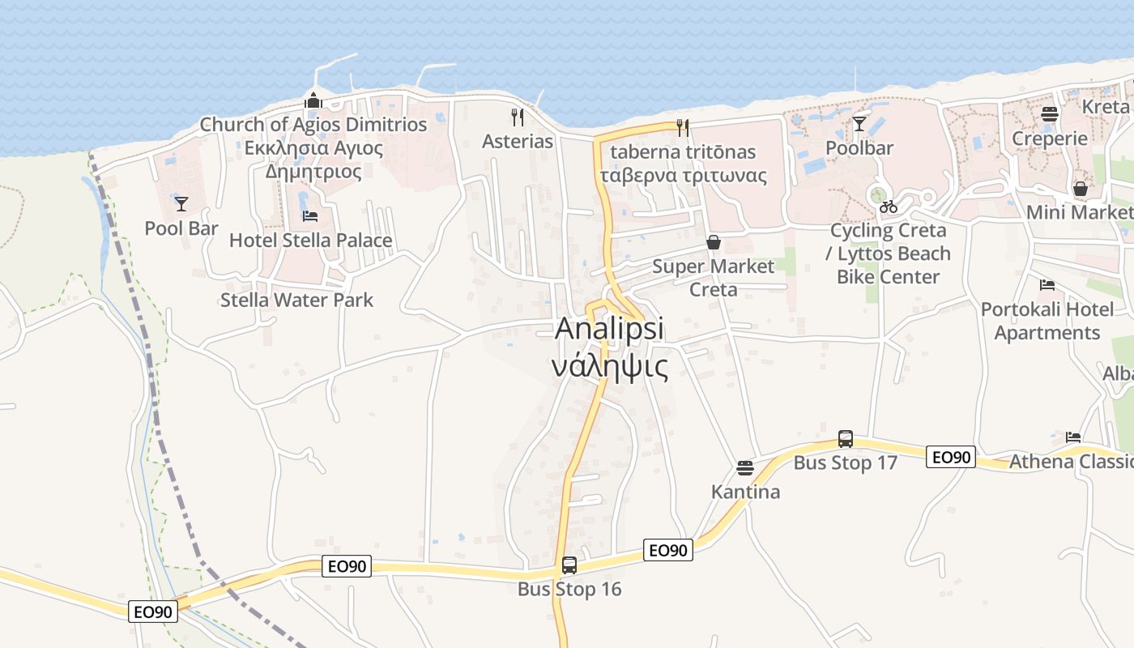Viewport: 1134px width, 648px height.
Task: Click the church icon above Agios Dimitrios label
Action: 313,101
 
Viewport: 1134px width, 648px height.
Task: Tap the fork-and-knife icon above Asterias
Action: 517,117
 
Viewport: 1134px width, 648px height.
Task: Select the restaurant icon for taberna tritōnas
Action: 682,127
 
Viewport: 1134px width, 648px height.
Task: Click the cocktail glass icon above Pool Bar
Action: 181,203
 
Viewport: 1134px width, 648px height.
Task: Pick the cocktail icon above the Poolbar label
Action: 859,124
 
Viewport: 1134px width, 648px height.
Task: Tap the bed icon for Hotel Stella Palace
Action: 310,215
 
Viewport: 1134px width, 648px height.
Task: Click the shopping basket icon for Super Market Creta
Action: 713,241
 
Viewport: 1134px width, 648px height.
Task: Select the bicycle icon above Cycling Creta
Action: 888,207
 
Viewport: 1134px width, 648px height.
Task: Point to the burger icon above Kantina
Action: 744,467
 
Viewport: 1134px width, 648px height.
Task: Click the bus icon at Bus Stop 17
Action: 845,439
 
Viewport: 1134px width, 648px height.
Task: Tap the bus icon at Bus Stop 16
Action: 569,565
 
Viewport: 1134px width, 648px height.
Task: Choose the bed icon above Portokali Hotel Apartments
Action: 1047,285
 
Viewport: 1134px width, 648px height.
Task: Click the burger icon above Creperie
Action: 1049,113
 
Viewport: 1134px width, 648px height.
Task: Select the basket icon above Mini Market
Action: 1080,189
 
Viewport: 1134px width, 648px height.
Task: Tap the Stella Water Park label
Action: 296,300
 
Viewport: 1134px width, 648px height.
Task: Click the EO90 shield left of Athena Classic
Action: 950,457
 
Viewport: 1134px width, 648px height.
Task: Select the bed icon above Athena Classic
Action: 1073,437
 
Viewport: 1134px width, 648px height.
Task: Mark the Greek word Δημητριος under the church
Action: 313,172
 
